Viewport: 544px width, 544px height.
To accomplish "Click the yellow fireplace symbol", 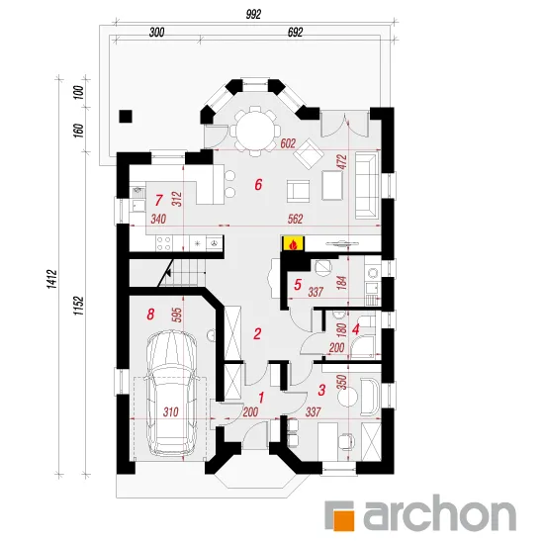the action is click(294, 243).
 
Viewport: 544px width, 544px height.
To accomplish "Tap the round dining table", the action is click(255, 131).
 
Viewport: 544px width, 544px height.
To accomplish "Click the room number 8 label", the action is click(150, 315).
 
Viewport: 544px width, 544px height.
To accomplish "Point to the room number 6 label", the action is click(258, 185).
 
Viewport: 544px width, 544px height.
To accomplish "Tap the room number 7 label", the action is click(158, 200).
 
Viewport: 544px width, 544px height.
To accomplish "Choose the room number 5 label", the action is click(298, 285).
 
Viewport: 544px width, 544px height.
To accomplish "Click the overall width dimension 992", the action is click(253, 15).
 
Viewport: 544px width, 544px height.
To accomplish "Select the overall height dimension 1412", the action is click(51, 279).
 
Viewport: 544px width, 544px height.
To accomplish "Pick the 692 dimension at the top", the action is click(296, 33).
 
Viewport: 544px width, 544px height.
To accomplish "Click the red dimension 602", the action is click(288, 143).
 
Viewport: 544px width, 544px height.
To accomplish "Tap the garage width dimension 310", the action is click(171, 412).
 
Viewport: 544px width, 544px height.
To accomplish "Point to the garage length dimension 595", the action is click(178, 315).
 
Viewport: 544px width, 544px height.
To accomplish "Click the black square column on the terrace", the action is click(126, 117).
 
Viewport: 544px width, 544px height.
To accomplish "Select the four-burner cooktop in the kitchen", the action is click(164, 243).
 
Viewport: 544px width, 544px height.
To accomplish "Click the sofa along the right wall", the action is click(366, 186).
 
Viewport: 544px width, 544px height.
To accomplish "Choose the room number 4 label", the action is click(355, 329).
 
